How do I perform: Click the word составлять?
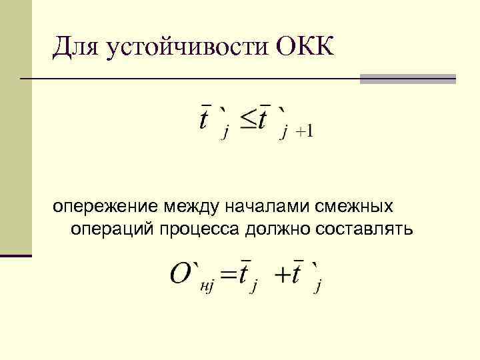363,229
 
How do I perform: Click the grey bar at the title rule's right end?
407,79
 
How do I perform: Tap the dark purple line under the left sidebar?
16,255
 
